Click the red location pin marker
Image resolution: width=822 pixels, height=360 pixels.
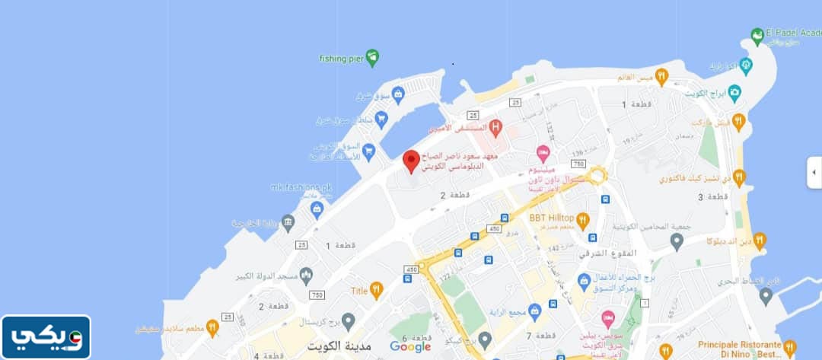click(411, 161)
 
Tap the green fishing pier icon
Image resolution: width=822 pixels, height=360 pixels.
click(371, 56)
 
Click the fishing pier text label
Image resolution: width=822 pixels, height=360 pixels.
click(340, 58)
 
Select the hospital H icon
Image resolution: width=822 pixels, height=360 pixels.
click(495, 126)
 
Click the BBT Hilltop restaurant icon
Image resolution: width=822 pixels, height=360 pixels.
click(583, 221)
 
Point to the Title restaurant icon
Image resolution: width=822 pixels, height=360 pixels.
click(377, 290)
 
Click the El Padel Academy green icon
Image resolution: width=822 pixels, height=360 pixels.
click(757, 36)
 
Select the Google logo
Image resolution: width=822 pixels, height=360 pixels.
click(410, 346)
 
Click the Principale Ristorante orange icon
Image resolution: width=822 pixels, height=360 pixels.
click(789, 348)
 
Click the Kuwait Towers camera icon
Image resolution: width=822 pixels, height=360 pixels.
click(734, 93)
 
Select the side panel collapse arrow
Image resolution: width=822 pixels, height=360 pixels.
click(813, 173)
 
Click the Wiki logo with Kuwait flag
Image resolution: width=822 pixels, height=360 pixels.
click(46, 337)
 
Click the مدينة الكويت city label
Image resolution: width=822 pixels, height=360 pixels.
click(338, 346)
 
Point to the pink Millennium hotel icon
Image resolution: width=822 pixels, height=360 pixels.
click(543, 152)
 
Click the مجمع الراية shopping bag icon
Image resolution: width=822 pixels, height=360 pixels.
click(534, 311)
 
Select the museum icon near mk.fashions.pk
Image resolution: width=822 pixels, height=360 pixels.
click(288, 223)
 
